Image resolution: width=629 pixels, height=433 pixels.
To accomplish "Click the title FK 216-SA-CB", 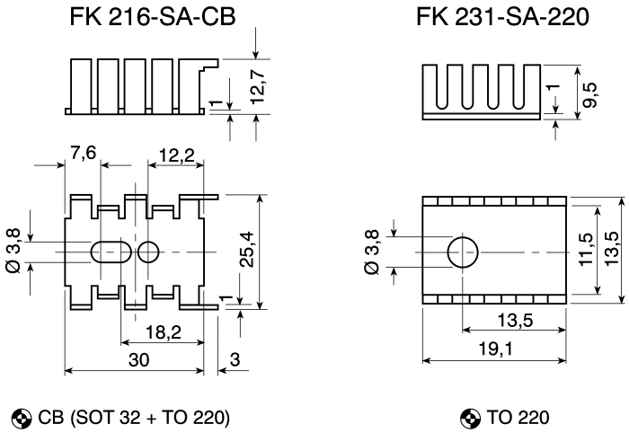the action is tap(153, 17).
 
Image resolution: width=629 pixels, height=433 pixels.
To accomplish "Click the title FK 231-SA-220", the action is tap(502, 17).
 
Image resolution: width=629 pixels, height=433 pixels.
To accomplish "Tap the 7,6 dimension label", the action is tap(83, 153).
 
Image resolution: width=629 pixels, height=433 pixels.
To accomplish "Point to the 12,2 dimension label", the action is tap(176, 155).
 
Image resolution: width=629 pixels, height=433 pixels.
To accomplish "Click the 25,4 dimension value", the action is tap(246, 249).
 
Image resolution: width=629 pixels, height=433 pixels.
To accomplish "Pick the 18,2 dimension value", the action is tap(164, 332).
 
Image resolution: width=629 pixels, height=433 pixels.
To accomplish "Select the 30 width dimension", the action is tap(138, 359).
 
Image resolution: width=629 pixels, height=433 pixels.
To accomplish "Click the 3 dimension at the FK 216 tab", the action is tap(235, 359).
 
